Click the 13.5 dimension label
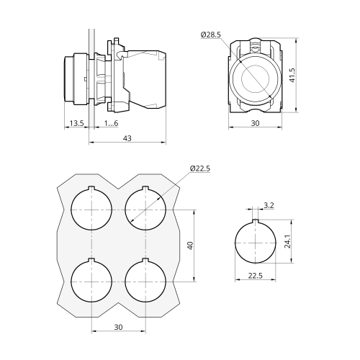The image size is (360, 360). (x=76, y=123)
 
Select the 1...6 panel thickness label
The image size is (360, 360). (x=111, y=123)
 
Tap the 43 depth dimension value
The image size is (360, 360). (x=127, y=138)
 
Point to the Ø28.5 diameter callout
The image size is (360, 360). (x=210, y=35)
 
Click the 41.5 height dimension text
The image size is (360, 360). (x=292, y=75)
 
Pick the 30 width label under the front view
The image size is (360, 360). (x=255, y=123)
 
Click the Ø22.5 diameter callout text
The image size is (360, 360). (x=200, y=168)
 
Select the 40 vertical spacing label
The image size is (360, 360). (x=190, y=246)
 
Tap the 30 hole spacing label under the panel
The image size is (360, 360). (x=118, y=327)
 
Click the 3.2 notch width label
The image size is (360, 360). (x=269, y=205)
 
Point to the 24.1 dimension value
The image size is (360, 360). (x=287, y=241)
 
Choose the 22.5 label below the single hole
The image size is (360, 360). (x=255, y=276)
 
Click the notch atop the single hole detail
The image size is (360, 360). (x=256, y=221)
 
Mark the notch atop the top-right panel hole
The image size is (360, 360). (x=145, y=188)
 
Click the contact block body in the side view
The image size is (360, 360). (x=145, y=79)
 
